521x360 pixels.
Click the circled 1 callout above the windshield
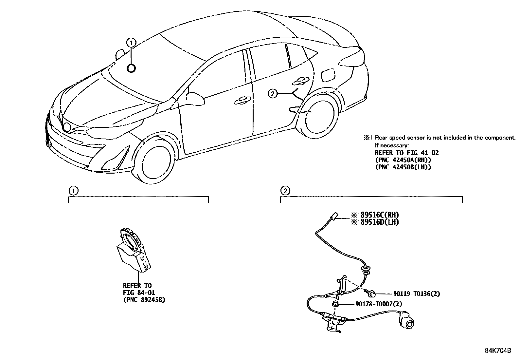click(x=131, y=42)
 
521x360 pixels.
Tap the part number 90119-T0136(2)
click(x=411, y=294)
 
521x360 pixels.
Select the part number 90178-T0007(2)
click(x=378, y=304)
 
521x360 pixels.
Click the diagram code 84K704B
click(x=498, y=350)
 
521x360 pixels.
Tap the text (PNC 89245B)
click(x=144, y=299)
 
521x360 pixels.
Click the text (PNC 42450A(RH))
click(x=403, y=160)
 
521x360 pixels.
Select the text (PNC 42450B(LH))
click(x=403, y=167)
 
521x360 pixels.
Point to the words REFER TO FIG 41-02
click(x=406, y=153)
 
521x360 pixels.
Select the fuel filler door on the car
click(x=328, y=75)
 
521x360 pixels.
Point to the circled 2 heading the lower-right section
click(x=285, y=191)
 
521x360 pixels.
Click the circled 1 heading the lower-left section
click(x=73, y=191)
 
